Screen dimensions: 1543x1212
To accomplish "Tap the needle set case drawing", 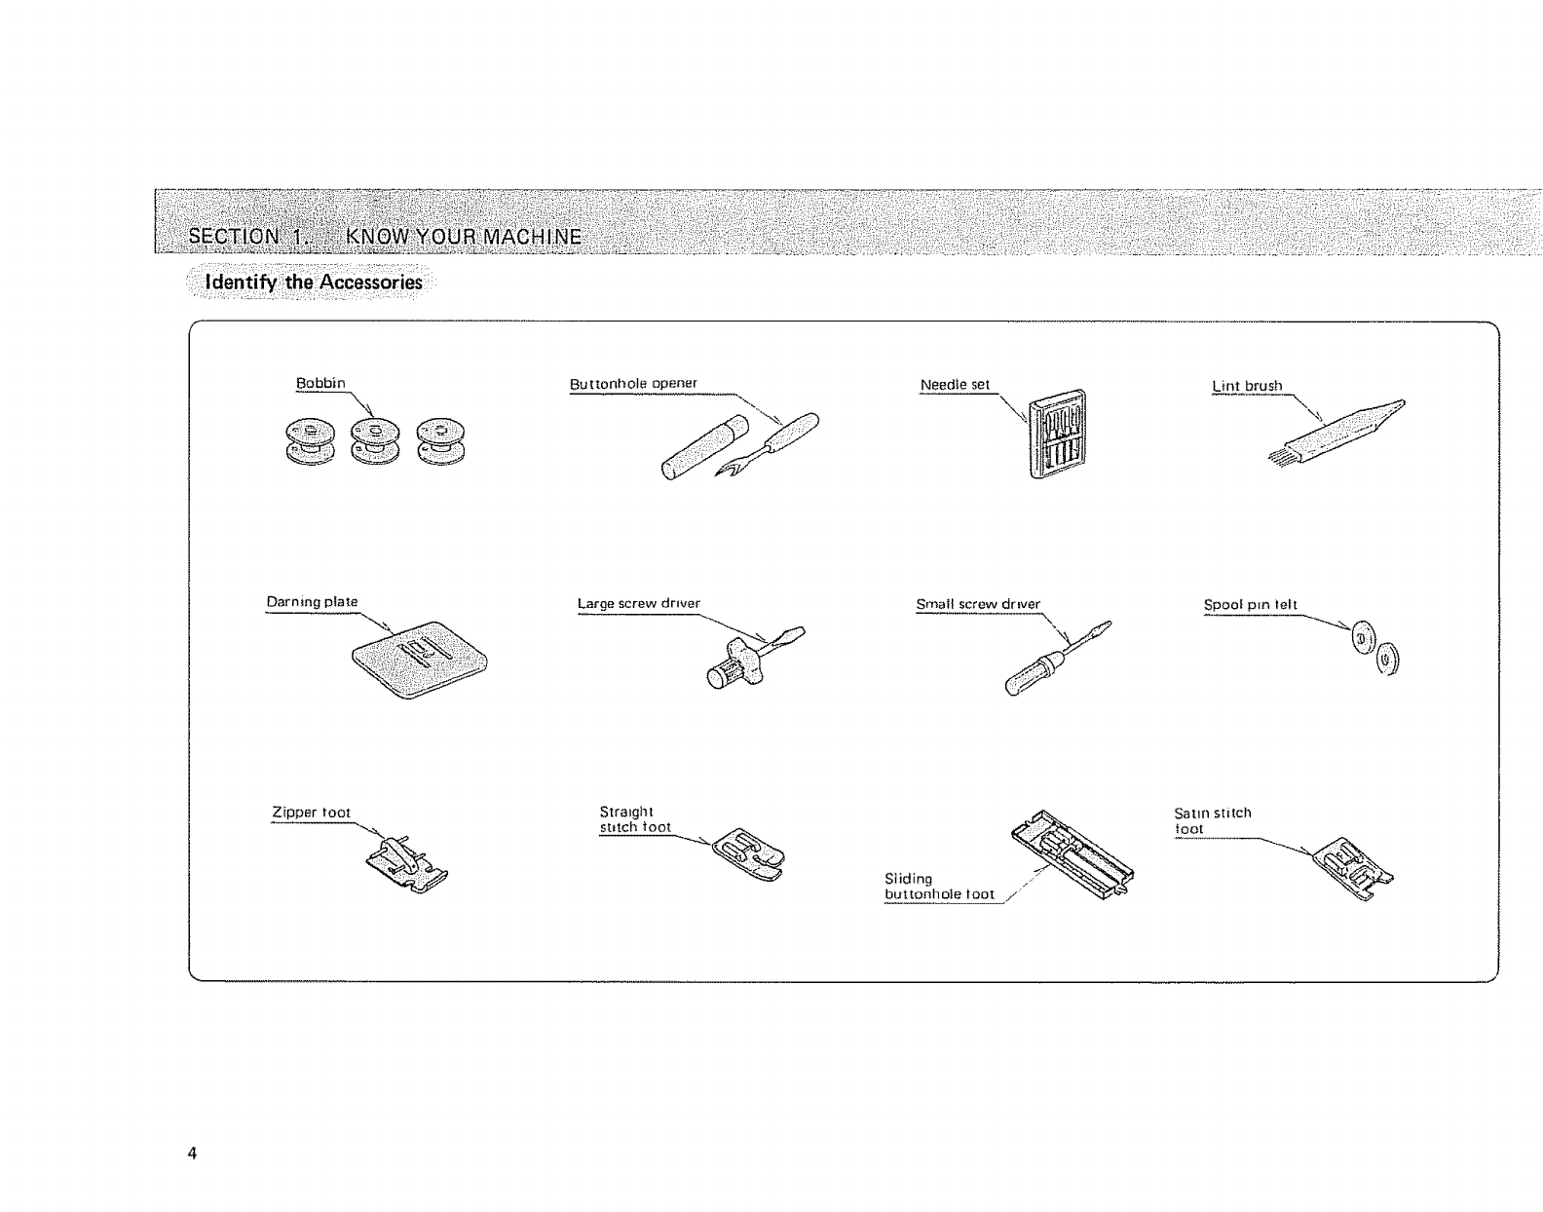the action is click(x=1056, y=435).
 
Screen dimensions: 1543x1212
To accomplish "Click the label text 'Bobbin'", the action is click(x=320, y=383).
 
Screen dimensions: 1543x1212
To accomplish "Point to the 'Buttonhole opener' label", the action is click(x=633, y=383).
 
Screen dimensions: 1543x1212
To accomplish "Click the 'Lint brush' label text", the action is click(x=1247, y=386).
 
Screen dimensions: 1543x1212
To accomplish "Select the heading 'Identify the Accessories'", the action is click(x=313, y=283).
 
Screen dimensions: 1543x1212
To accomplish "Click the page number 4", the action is click(x=192, y=1154).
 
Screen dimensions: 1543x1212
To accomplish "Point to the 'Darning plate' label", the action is click(x=312, y=602).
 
